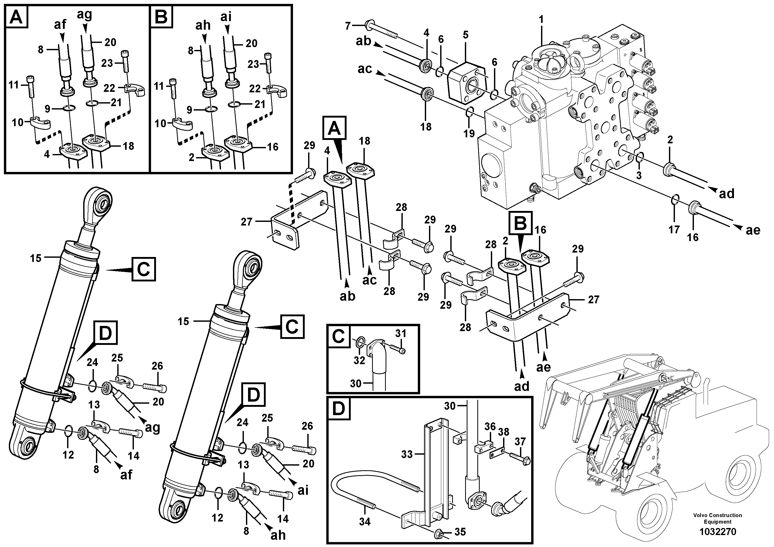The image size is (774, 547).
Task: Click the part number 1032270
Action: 717,532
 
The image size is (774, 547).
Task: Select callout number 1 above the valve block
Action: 541,20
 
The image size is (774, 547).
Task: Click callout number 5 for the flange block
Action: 466,35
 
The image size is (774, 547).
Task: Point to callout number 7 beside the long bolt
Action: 348,25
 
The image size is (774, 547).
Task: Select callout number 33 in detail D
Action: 407,454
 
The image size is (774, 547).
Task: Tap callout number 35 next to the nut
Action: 460,532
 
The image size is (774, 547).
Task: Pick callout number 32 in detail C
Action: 359,361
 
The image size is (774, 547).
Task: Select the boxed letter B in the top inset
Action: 161,17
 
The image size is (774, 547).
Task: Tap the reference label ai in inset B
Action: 226,17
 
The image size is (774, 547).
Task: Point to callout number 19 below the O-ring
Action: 469,133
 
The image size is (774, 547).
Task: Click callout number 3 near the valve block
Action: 639,175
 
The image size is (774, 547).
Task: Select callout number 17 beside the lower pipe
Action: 674,230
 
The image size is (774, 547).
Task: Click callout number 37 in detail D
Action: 521,441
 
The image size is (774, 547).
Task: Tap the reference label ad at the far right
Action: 726,194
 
